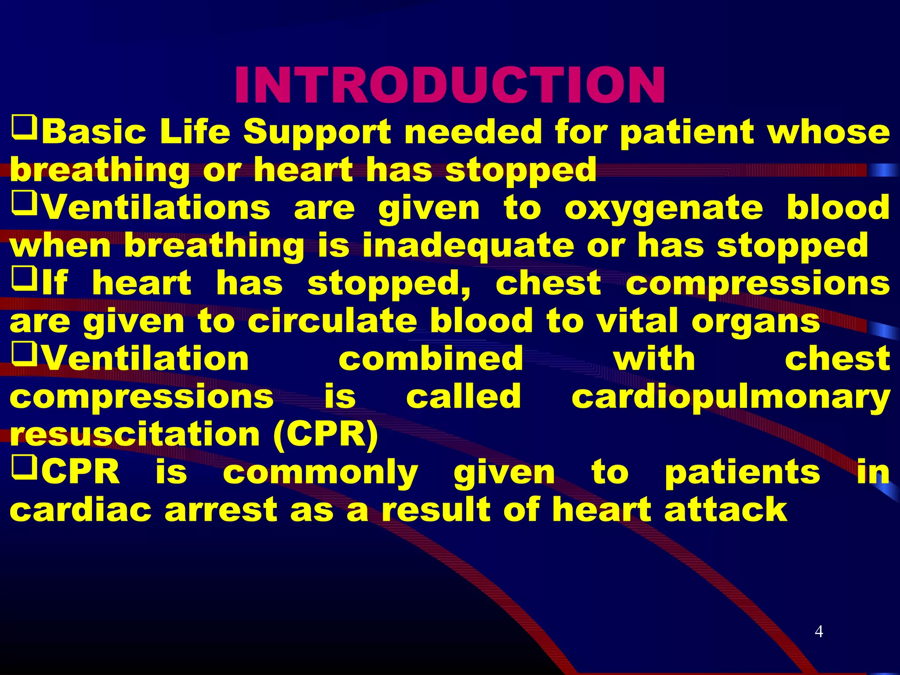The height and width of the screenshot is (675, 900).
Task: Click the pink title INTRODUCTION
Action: pyautogui.click(x=450, y=86)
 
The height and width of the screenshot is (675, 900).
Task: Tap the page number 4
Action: pyautogui.click(x=819, y=631)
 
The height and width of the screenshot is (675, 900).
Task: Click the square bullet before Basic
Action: pyautogui.click(x=24, y=127)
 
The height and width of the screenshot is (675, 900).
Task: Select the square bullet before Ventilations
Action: pyautogui.click(x=24, y=203)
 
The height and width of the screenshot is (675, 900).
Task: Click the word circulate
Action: pyautogui.click(x=332, y=321)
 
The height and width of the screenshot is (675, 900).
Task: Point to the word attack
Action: pyautogui.click(x=726, y=510)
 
